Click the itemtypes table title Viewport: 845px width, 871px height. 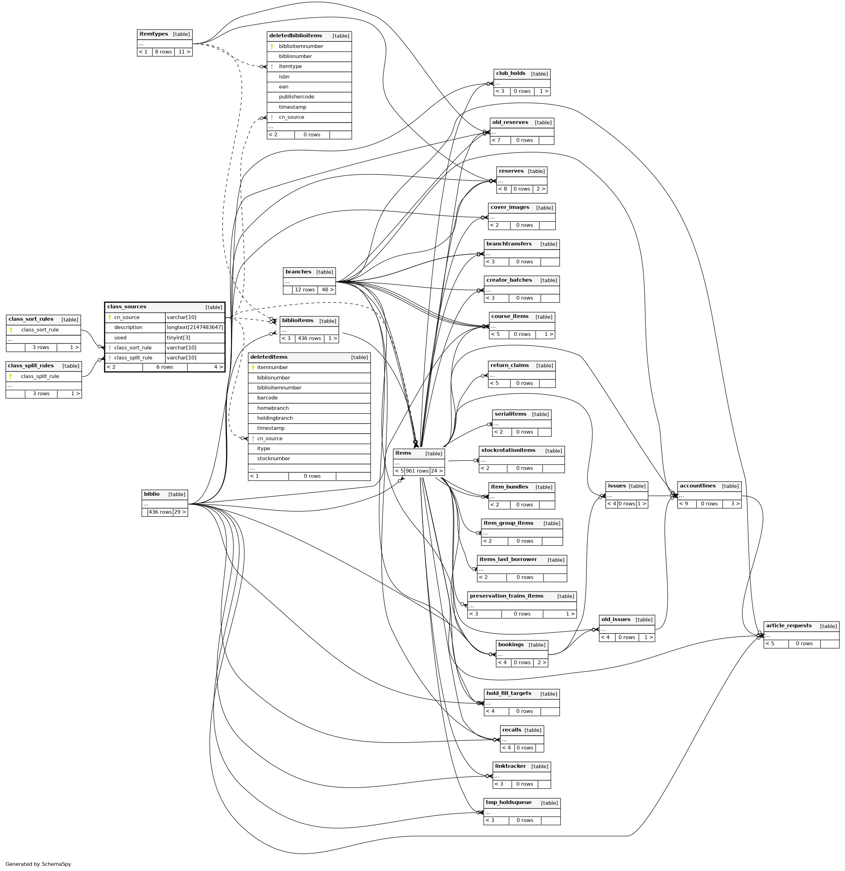(x=154, y=34)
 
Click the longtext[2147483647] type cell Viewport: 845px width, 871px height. (x=195, y=328)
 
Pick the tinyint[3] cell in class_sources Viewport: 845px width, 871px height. (x=178, y=338)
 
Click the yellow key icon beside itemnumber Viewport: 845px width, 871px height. (x=253, y=368)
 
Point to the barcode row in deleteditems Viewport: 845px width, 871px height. (x=267, y=398)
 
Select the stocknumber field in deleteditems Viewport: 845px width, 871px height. (x=273, y=458)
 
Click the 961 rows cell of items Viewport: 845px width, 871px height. (x=417, y=471)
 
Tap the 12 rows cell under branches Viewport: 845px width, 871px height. (x=305, y=290)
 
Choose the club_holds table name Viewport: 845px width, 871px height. (x=511, y=73)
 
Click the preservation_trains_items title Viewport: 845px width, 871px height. (x=506, y=596)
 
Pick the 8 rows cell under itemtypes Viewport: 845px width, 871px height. (x=163, y=52)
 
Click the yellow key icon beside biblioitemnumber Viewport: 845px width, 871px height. (x=271, y=46)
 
